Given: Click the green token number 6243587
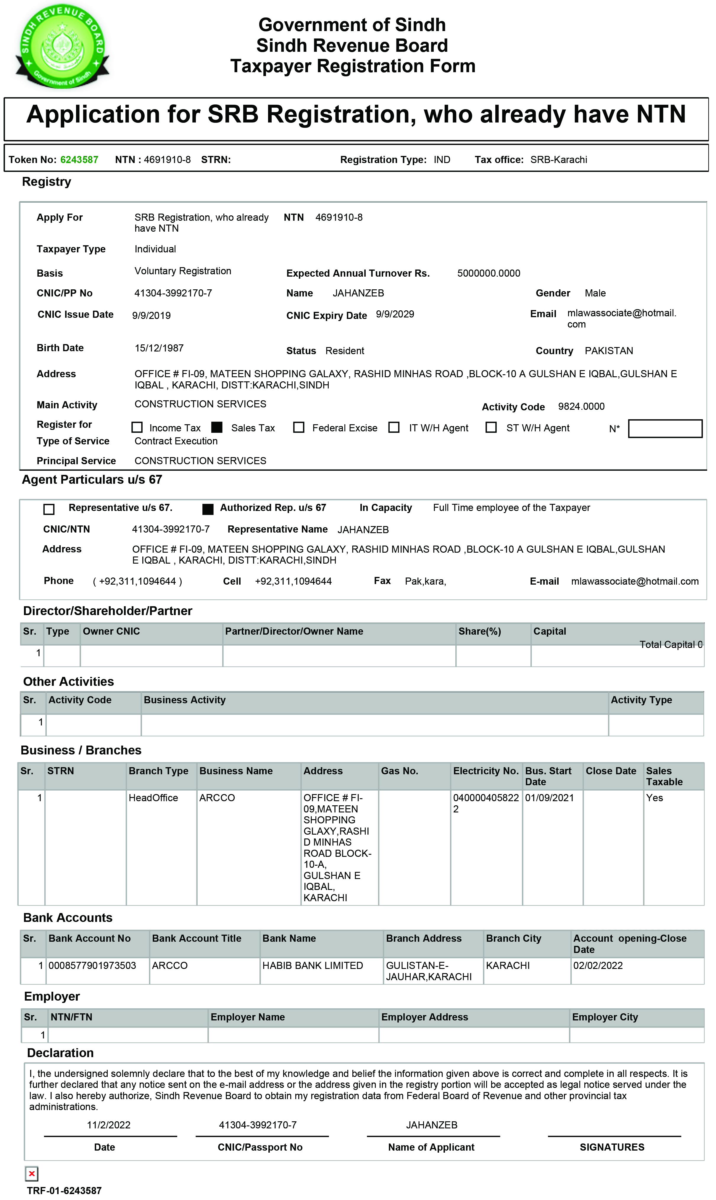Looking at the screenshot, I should click(79, 160).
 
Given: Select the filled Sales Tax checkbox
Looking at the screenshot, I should click(217, 427).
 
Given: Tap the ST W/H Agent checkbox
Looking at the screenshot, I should click(491, 427).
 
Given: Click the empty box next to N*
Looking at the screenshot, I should click(665, 428).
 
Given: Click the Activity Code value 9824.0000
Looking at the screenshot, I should click(581, 407).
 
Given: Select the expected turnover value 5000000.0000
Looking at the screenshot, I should click(488, 273).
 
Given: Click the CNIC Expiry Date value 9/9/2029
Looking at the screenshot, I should click(395, 314).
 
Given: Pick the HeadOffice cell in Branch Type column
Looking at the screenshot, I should click(153, 798).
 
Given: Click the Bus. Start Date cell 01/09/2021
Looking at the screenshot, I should click(549, 798).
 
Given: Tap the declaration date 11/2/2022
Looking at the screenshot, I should click(109, 1125).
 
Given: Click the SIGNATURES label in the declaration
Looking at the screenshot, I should click(612, 1147).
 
